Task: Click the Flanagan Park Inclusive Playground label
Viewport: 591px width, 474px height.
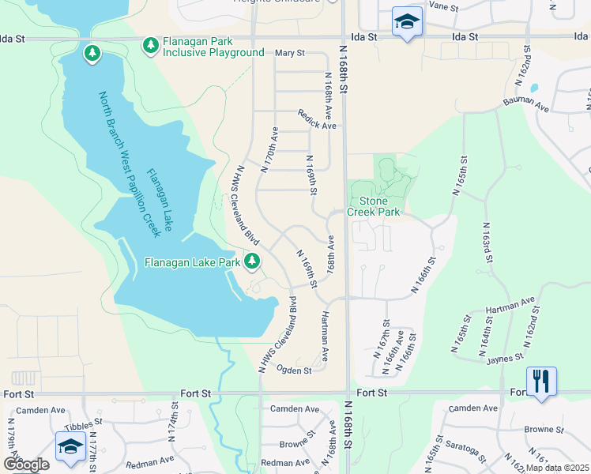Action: click(213, 47)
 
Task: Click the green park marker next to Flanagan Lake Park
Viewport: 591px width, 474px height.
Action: click(252, 261)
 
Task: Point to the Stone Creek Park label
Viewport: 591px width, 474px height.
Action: click(374, 207)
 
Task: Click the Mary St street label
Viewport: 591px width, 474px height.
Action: click(289, 53)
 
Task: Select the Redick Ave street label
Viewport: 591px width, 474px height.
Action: click(317, 120)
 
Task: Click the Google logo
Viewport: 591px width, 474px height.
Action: click(26, 465)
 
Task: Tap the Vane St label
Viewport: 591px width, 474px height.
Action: click(443, 5)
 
